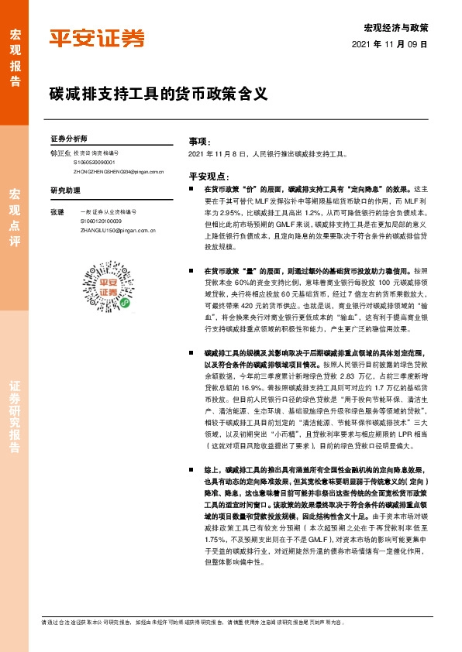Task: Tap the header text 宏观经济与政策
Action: click(x=396, y=28)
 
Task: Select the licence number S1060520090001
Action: click(x=95, y=163)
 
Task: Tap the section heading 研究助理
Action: click(x=65, y=190)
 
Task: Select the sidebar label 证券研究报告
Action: click(x=15, y=421)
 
